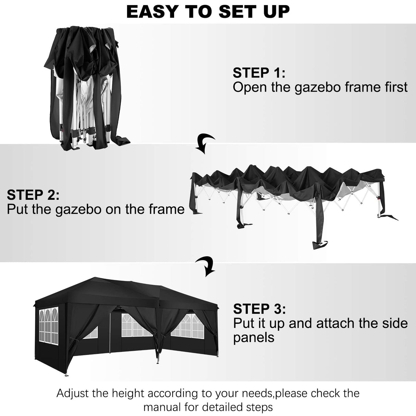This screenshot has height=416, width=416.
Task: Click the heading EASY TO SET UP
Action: (208, 12)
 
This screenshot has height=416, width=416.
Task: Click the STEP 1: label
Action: (259, 73)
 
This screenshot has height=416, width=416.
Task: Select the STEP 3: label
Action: (259, 309)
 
